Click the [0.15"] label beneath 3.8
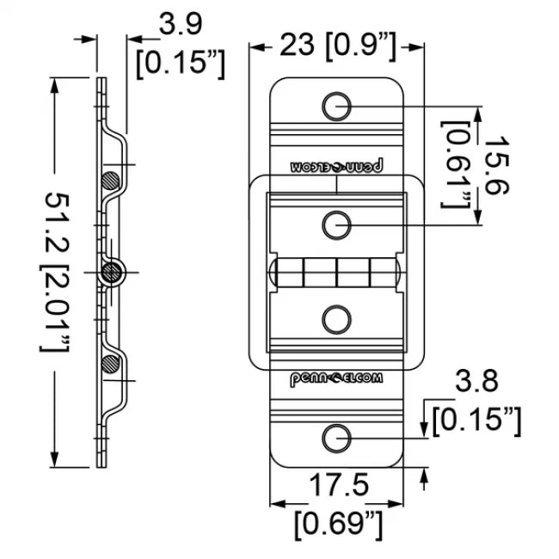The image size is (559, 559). point(477,420)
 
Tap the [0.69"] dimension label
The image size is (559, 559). point(337,521)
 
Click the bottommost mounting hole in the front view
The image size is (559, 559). point(337,438)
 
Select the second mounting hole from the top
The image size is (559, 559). point(337,225)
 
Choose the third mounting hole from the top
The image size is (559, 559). point(337,320)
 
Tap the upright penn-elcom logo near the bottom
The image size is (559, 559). point(337,379)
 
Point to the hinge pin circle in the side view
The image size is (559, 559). point(111,273)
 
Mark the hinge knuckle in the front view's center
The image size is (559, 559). point(337,273)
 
